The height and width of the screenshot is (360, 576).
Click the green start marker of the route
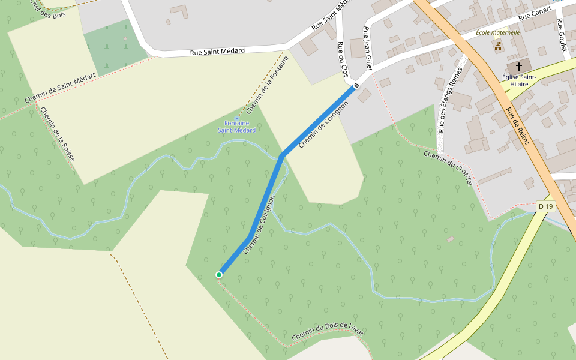(219, 275)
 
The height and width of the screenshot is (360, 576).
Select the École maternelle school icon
(497, 46)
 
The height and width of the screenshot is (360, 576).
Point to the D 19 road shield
(545, 206)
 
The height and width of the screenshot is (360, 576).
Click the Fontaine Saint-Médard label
(236, 127)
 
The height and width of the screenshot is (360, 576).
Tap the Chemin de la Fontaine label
(268, 85)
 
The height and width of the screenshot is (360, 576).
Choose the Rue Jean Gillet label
(368, 49)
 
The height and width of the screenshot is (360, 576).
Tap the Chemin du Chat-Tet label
(448, 168)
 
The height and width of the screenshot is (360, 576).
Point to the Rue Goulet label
(561, 34)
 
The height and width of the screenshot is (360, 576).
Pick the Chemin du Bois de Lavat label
(328, 332)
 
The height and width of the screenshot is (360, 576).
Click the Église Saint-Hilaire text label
(520, 80)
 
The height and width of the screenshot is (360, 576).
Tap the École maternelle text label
(497, 32)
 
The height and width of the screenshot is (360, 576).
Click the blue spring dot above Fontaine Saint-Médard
(236, 119)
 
